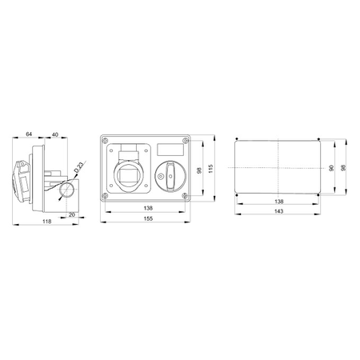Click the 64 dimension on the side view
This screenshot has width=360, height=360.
click(x=29, y=134)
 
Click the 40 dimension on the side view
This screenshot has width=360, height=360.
click(x=54, y=134)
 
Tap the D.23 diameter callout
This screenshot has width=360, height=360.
click(x=79, y=167)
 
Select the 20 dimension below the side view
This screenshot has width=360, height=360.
click(x=72, y=214)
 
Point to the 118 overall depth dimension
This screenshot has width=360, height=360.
click(x=47, y=222)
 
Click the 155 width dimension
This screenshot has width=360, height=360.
click(x=148, y=218)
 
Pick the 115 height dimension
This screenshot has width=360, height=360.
click(x=210, y=169)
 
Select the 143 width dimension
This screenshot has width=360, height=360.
click(x=278, y=211)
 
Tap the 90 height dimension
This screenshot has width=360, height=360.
click(x=331, y=168)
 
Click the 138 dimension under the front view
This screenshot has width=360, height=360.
click(x=148, y=208)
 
